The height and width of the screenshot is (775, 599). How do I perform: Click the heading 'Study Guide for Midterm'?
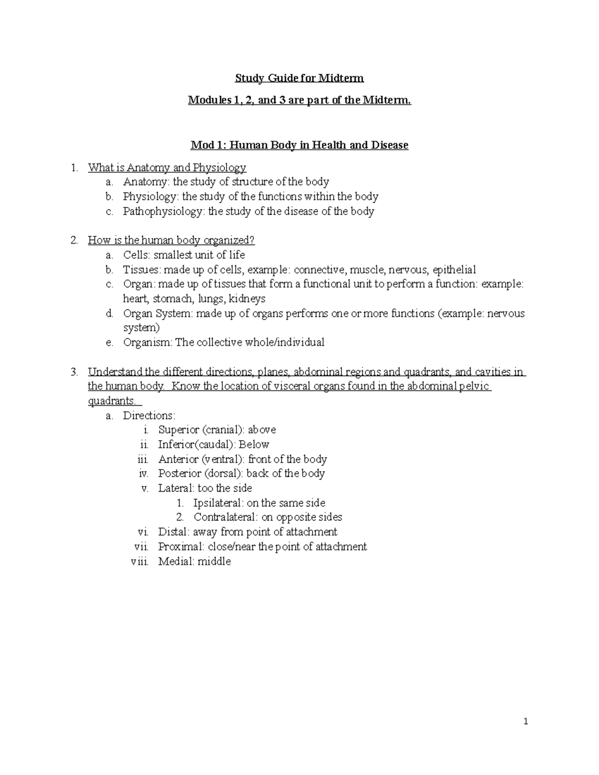tap(299, 78)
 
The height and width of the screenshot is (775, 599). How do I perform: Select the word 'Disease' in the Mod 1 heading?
tap(389, 145)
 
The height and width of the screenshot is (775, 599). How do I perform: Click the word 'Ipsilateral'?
tap(218, 503)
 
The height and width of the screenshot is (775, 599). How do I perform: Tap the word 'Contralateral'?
tap(225, 517)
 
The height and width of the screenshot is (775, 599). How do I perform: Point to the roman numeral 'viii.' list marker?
tap(139, 561)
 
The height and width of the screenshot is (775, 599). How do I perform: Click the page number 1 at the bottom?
tap(526, 722)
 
